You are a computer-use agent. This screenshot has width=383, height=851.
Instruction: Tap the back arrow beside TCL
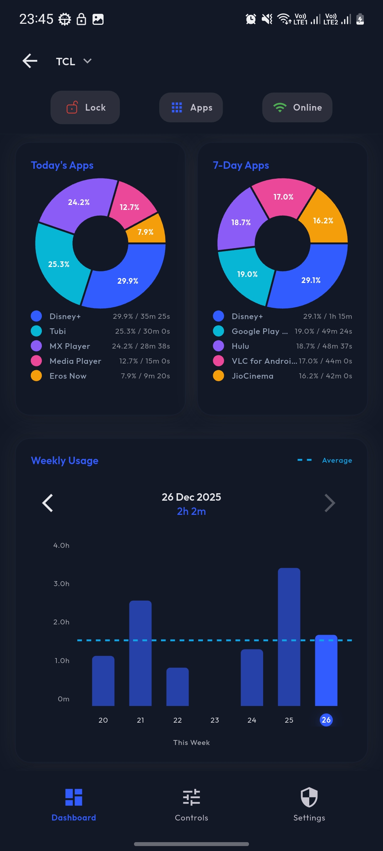(30, 61)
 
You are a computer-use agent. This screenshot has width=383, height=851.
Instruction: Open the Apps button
(191, 107)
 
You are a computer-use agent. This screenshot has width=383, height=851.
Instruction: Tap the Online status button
(297, 107)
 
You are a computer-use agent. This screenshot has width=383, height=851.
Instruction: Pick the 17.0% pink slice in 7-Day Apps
(283, 197)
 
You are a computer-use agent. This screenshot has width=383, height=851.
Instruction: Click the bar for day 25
(289, 636)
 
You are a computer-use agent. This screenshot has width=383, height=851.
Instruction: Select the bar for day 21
(140, 652)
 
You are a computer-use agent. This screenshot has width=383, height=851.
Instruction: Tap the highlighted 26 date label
(326, 720)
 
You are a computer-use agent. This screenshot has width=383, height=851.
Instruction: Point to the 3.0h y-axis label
(61, 584)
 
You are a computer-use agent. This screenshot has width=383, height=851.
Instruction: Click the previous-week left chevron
(48, 503)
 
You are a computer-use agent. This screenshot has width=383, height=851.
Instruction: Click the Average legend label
(337, 460)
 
